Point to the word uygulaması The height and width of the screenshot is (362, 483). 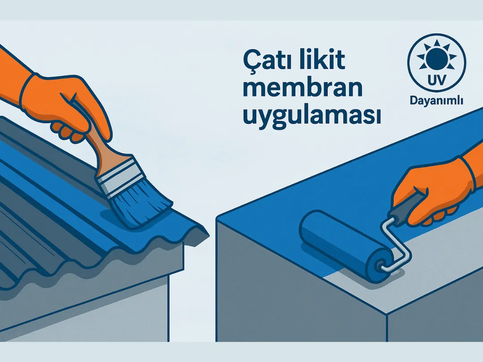[311, 116]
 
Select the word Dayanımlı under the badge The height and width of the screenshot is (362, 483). [436, 101]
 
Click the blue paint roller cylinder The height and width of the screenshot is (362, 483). [340, 244]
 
